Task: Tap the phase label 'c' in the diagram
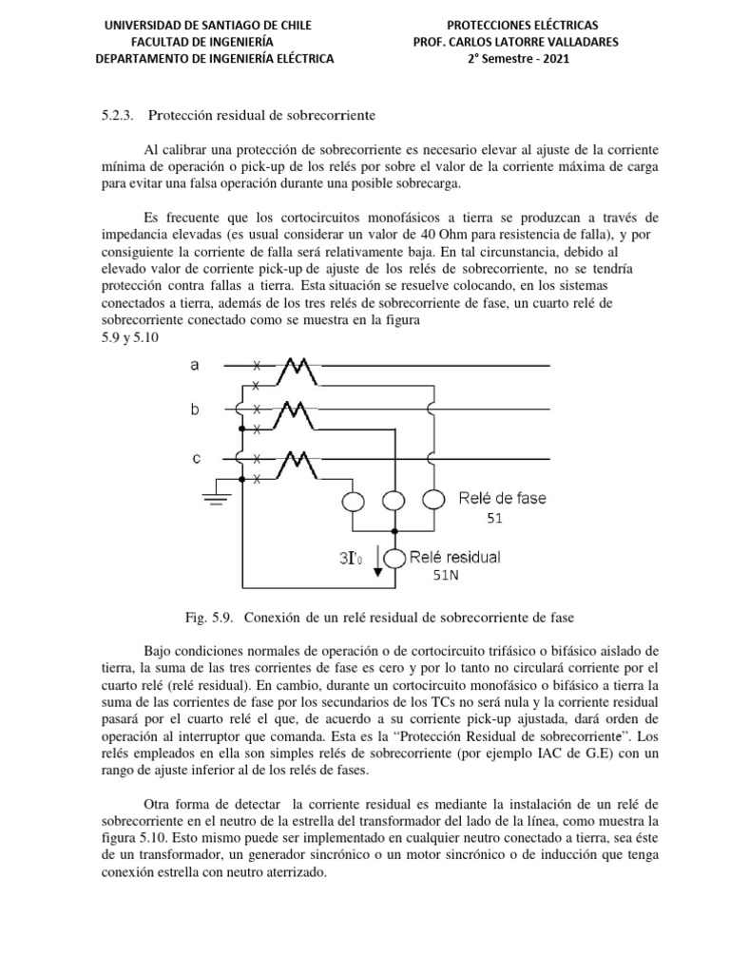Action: pyautogui.click(x=197, y=458)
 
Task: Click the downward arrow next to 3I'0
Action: pyautogui.click(x=378, y=560)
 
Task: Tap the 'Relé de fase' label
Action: pyautogui.click(x=502, y=497)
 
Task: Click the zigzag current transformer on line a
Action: pyautogui.click(x=298, y=371)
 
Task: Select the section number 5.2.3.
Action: pyautogui.click(x=118, y=116)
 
